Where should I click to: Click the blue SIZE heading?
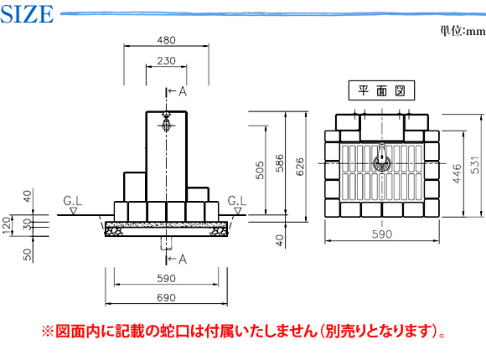click(27, 14)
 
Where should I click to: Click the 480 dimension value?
click(166, 40)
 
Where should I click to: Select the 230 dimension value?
click(166, 61)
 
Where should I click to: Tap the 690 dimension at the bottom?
click(166, 298)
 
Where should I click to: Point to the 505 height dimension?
click(260, 170)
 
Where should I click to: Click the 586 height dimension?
click(280, 163)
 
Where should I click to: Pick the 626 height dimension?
click(300, 167)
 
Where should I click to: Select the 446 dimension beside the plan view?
click(457, 174)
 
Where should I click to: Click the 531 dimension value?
click(475, 165)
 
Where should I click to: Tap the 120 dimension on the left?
click(7, 226)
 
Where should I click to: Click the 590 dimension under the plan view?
click(382, 234)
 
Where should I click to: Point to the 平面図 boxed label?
click(381, 90)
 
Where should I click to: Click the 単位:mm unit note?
click(463, 31)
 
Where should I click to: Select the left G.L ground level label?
click(73, 201)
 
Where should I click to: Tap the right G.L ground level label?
click(237, 201)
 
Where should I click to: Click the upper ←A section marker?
click(178, 91)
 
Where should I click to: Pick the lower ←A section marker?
click(178, 259)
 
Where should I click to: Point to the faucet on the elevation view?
click(167, 121)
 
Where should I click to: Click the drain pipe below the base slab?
click(167, 243)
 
